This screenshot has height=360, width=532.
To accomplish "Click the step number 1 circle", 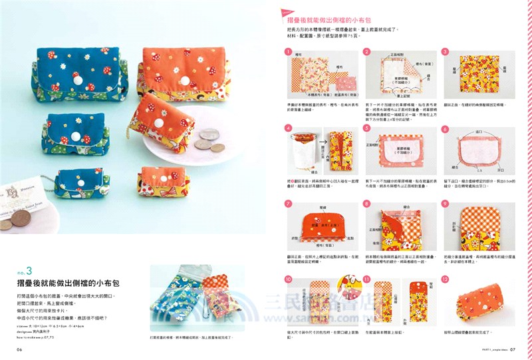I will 289,51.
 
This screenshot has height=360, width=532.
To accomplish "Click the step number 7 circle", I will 289,203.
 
